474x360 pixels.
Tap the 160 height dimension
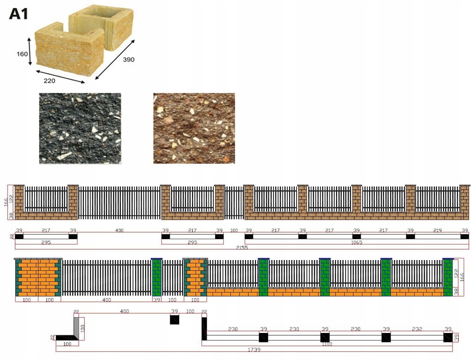22,54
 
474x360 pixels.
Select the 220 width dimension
49,81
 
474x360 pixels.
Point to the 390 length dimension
128,60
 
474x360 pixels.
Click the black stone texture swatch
80,128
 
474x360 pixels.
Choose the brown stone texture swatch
194,128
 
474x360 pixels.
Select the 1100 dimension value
327,344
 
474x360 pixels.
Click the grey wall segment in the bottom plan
76,327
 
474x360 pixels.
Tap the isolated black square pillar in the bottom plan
174,320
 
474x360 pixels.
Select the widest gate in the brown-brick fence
119,203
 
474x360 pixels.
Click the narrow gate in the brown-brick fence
234,203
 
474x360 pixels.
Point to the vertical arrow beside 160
30,53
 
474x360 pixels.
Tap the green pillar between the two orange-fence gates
156,277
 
